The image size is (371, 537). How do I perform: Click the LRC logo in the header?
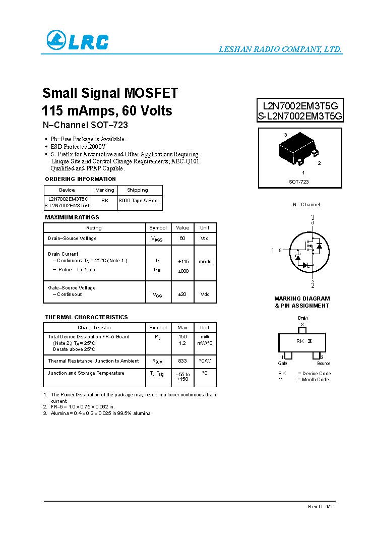77,41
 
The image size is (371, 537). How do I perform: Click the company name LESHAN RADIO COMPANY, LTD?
280,49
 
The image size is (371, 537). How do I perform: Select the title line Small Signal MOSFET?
110,93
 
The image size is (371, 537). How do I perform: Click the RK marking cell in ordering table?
105,200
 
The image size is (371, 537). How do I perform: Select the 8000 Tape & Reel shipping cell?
139,200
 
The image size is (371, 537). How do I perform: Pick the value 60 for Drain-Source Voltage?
182,238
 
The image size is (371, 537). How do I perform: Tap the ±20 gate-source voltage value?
182,294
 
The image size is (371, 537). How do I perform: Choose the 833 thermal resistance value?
182,361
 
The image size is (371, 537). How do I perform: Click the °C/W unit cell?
205,361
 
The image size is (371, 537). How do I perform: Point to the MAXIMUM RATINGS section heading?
72,217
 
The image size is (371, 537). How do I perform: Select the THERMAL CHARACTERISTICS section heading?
87,317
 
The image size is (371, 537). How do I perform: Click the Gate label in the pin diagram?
282,363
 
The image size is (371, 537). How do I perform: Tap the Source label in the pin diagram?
324,363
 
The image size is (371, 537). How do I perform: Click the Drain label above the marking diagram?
302,318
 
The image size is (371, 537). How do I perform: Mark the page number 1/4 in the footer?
329,506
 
